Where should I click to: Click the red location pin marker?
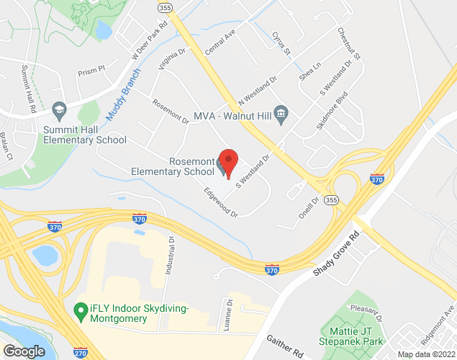coord(228,163)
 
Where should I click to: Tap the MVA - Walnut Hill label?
coord(232,115)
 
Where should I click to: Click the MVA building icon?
coord(281,114)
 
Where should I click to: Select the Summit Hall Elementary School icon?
coord(59,109)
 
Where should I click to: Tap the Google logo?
coord(24,351)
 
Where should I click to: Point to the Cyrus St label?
coord(281,42)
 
